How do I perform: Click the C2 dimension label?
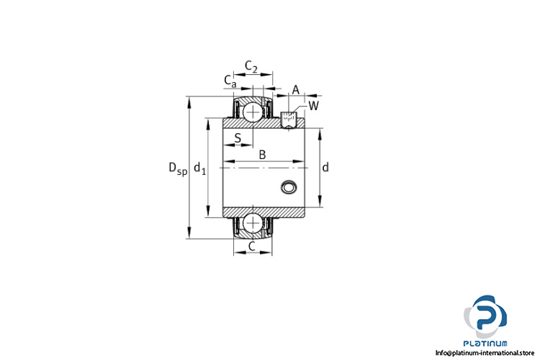(251, 66)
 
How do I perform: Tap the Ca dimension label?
(230, 81)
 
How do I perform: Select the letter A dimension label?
(296, 90)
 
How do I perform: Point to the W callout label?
(313, 106)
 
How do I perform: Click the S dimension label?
(238, 138)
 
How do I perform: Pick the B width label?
(262, 155)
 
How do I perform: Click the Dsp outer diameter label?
(178, 168)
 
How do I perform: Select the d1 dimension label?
(199, 168)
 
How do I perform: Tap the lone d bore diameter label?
(325, 168)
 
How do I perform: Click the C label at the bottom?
(252, 246)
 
